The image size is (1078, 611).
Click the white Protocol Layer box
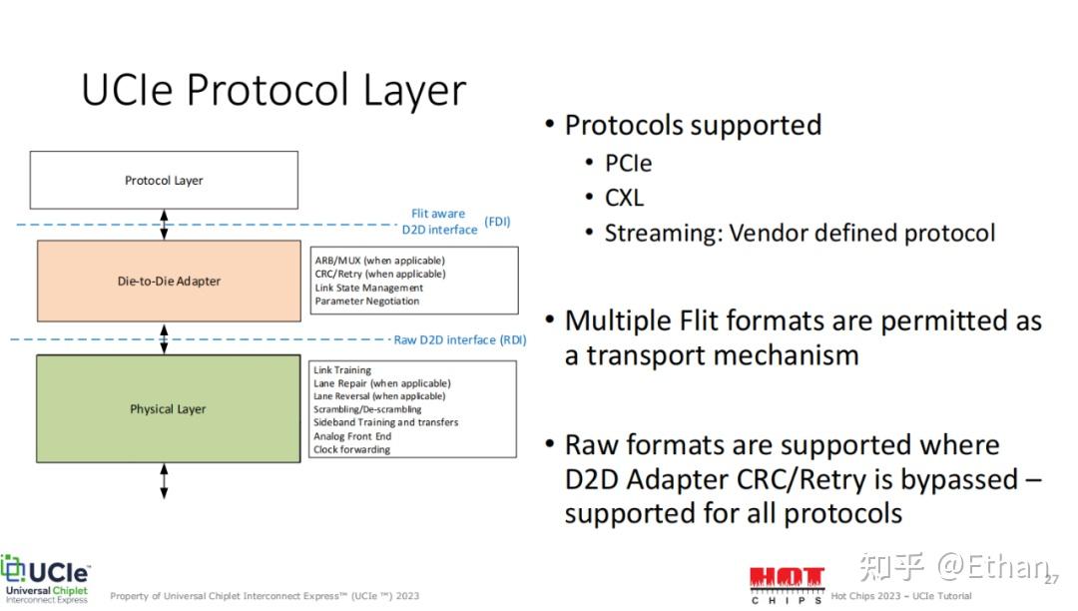(164, 180)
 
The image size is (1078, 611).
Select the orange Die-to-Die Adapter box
(169, 281)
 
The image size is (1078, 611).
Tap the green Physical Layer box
(168, 408)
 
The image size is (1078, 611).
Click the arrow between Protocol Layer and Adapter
(164, 225)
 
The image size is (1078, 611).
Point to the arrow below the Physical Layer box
(164, 480)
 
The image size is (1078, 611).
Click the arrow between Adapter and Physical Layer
(164, 338)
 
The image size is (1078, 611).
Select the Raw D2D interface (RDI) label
(460, 339)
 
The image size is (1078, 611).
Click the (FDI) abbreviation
(497, 222)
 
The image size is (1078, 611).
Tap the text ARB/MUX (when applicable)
(379, 261)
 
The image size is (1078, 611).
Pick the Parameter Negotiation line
(366, 302)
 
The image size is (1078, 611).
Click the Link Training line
(341, 369)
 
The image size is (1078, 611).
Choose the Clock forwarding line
(351, 449)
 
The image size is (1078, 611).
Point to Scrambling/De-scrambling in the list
(367, 409)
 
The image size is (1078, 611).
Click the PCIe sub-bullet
(628, 164)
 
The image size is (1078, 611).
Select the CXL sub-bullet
(624, 198)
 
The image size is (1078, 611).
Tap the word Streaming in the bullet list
(663, 234)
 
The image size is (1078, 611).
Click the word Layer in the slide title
(414, 91)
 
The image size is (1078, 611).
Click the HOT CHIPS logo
(787, 584)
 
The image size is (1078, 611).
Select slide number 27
(1052, 579)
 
